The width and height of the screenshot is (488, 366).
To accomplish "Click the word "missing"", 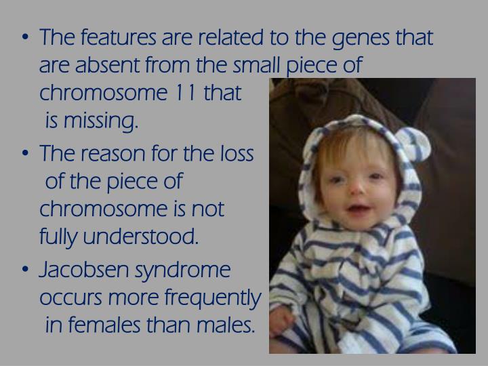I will [x=101, y=123].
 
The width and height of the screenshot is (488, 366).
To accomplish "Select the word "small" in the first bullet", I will [x=256, y=66].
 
